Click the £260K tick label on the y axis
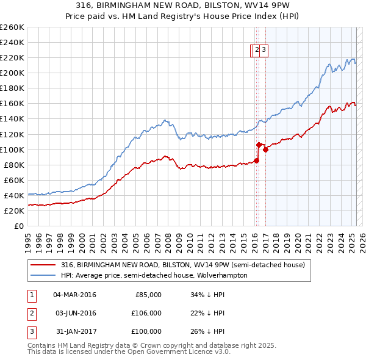pos(12,27)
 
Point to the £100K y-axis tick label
pos(12,149)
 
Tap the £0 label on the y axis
pos(19,226)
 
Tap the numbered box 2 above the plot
pos(257,51)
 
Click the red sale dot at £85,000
pos(256,160)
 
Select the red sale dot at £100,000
pos(266,149)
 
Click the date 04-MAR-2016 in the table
pos(74,295)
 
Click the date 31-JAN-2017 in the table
pos(74,331)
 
